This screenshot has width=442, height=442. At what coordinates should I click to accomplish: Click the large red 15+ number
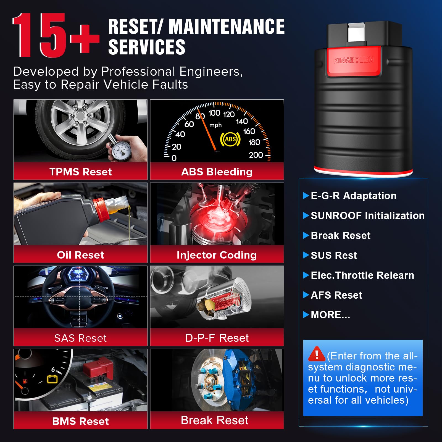[x=56, y=35]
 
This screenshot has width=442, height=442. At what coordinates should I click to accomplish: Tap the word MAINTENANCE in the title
[x=227, y=27]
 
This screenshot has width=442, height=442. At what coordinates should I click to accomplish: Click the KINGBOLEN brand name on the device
[x=354, y=60]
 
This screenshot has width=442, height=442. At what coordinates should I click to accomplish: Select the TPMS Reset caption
[x=80, y=172]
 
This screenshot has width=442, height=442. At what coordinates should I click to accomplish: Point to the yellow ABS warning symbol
[x=230, y=139]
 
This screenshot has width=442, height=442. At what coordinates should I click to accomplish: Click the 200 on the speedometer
[x=256, y=155]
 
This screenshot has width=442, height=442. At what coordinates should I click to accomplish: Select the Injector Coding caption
[x=217, y=255]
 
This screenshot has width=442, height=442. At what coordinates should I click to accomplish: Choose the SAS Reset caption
[x=80, y=338]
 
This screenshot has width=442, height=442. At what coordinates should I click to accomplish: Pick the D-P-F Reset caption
[x=217, y=338]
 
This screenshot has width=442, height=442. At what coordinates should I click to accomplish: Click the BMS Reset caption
[x=80, y=421]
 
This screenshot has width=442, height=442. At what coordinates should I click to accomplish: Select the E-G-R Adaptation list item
[x=354, y=196]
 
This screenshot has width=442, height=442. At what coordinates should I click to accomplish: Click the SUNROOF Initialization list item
[x=368, y=216]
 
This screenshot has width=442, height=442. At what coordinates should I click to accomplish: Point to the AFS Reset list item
[x=336, y=295]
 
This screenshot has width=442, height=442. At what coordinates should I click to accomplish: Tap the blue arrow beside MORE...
[x=306, y=315]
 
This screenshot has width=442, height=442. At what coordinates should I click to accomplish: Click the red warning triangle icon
[x=317, y=354]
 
